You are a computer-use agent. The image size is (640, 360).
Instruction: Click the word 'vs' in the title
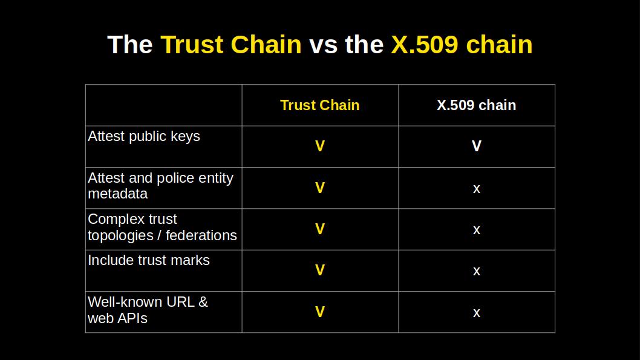click(323, 45)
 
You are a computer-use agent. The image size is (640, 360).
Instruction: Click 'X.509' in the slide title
click(424, 45)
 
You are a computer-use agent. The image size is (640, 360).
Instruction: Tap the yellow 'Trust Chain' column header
click(320, 105)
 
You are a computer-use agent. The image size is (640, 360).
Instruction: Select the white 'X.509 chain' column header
click(476, 105)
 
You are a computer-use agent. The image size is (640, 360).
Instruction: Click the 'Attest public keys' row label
click(144, 136)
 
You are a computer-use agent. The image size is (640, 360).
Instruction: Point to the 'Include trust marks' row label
click(149, 260)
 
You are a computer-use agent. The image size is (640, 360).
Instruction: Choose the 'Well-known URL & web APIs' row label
click(148, 310)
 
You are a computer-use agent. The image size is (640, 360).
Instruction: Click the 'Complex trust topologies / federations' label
click(162, 227)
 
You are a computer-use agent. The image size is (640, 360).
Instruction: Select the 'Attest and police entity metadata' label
click(160, 186)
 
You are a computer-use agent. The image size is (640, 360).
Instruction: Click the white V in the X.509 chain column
click(477, 146)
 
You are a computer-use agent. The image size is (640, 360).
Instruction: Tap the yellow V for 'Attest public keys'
click(320, 146)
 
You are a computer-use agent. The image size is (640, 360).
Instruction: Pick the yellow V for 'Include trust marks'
click(320, 270)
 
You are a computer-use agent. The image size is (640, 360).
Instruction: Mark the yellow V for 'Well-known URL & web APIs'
click(320, 312)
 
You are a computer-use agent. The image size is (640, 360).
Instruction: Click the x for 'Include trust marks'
click(477, 271)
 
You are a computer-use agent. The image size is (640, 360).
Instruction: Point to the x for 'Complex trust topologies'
click(477, 230)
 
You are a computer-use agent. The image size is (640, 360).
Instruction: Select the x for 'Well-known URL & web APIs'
click(477, 313)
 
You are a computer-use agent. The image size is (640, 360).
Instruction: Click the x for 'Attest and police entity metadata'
click(477, 189)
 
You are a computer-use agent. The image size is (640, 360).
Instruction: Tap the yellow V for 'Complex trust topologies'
click(320, 229)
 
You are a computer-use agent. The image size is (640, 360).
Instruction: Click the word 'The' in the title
click(129, 45)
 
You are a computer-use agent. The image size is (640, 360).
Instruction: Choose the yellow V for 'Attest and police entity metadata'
click(320, 188)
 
